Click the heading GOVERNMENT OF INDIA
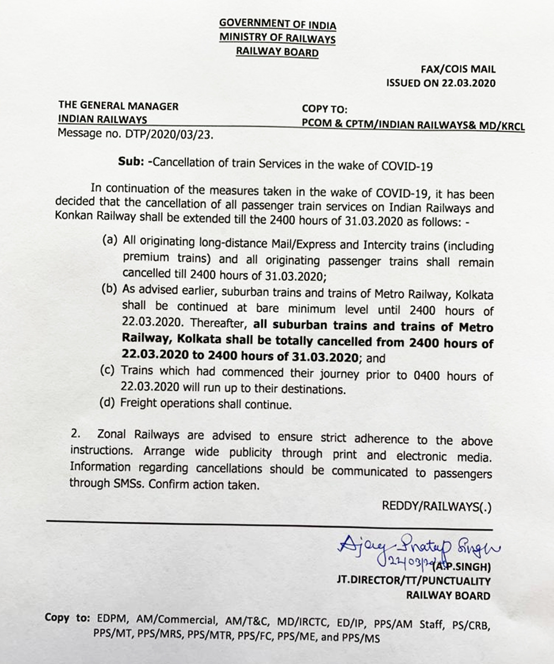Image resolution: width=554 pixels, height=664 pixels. point(278,24)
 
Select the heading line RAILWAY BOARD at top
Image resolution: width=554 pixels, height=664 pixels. point(278,53)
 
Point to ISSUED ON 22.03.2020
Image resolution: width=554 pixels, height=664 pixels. point(441,83)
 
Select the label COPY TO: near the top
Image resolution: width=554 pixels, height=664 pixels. point(325,110)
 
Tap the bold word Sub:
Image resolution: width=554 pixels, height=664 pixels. point(131,162)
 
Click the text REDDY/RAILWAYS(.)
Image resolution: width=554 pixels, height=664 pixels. point(437,505)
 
